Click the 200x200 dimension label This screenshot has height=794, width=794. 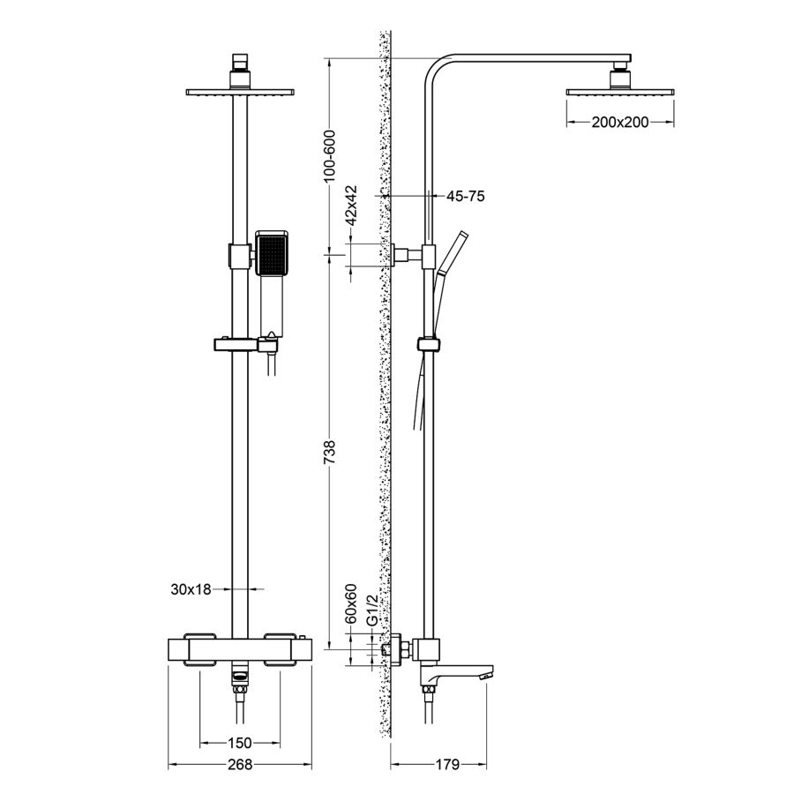tap(619, 122)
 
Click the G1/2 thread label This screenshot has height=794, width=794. tap(372, 610)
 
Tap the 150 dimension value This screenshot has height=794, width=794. tap(240, 742)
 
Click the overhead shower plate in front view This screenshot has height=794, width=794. tap(239, 92)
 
